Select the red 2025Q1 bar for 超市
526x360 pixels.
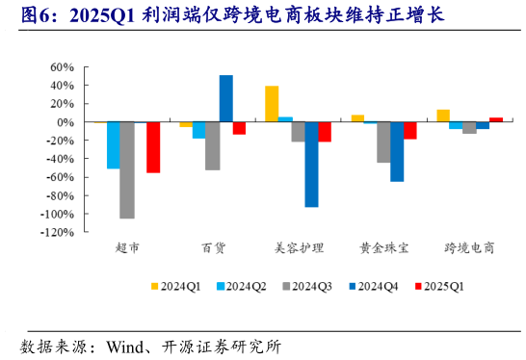[153, 147]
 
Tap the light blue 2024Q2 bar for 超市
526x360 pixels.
[114, 145]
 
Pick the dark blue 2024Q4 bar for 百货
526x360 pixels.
[225, 99]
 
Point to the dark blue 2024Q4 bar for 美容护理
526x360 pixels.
[311, 165]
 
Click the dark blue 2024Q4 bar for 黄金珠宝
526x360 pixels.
[397, 152]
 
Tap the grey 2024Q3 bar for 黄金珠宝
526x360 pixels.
[383, 142]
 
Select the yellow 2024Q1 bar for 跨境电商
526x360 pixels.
[443, 116]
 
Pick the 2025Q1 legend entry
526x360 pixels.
[438, 286]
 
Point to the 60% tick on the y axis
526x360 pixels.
[62, 67]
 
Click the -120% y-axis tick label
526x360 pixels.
[57, 232]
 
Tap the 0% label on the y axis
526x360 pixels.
[66, 122]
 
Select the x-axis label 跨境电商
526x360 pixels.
[469, 248]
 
